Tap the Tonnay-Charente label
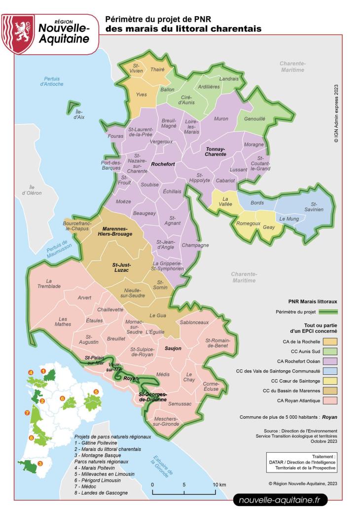point(216,151)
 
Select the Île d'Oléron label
point(35,190)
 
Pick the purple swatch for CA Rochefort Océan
point(323,361)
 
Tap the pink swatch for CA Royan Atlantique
point(323,400)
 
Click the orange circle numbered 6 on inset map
point(63,398)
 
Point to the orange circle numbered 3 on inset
point(40,463)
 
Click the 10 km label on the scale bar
point(220,485)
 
